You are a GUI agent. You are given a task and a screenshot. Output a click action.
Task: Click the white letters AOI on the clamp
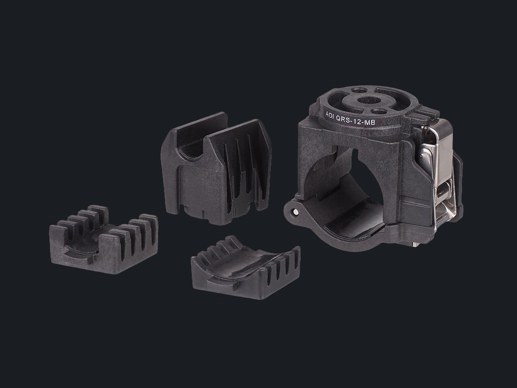(330, 115)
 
